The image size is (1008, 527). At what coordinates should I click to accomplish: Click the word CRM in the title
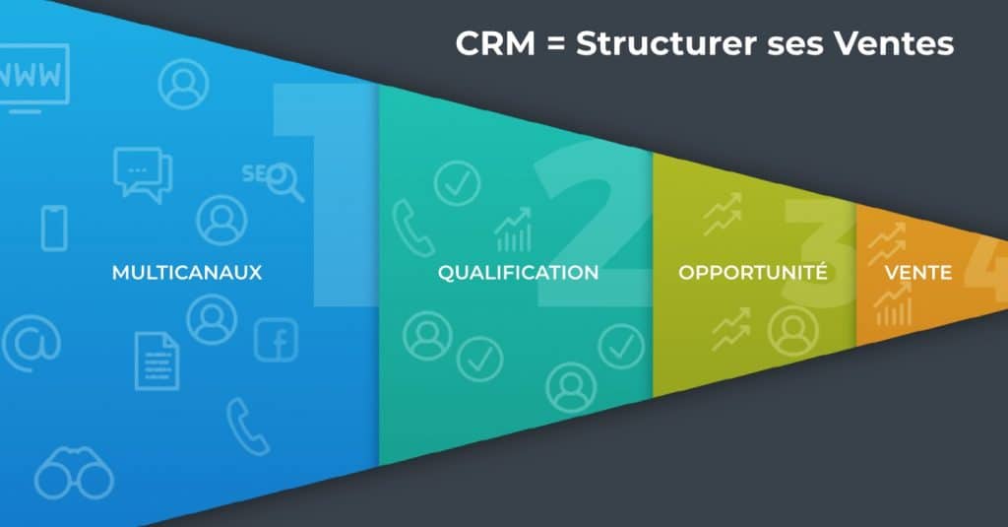pos(492,44)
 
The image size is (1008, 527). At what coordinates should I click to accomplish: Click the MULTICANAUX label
pos(187,272)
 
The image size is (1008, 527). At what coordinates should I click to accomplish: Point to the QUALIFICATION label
pos(518,272)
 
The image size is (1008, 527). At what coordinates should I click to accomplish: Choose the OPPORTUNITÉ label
pos(753,272)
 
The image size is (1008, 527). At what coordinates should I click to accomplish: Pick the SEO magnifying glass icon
pos(276,179)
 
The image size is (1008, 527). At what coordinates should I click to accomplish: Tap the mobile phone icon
pos(54,228)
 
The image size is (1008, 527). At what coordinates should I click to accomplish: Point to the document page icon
pos(157,361)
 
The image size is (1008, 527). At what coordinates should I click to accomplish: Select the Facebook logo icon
pos(276,340)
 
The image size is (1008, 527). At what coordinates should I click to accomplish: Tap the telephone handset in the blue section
pos(247,426)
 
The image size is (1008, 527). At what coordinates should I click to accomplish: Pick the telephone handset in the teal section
pos(412,228)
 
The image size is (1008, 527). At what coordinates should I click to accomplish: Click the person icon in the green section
pos(793,330)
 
